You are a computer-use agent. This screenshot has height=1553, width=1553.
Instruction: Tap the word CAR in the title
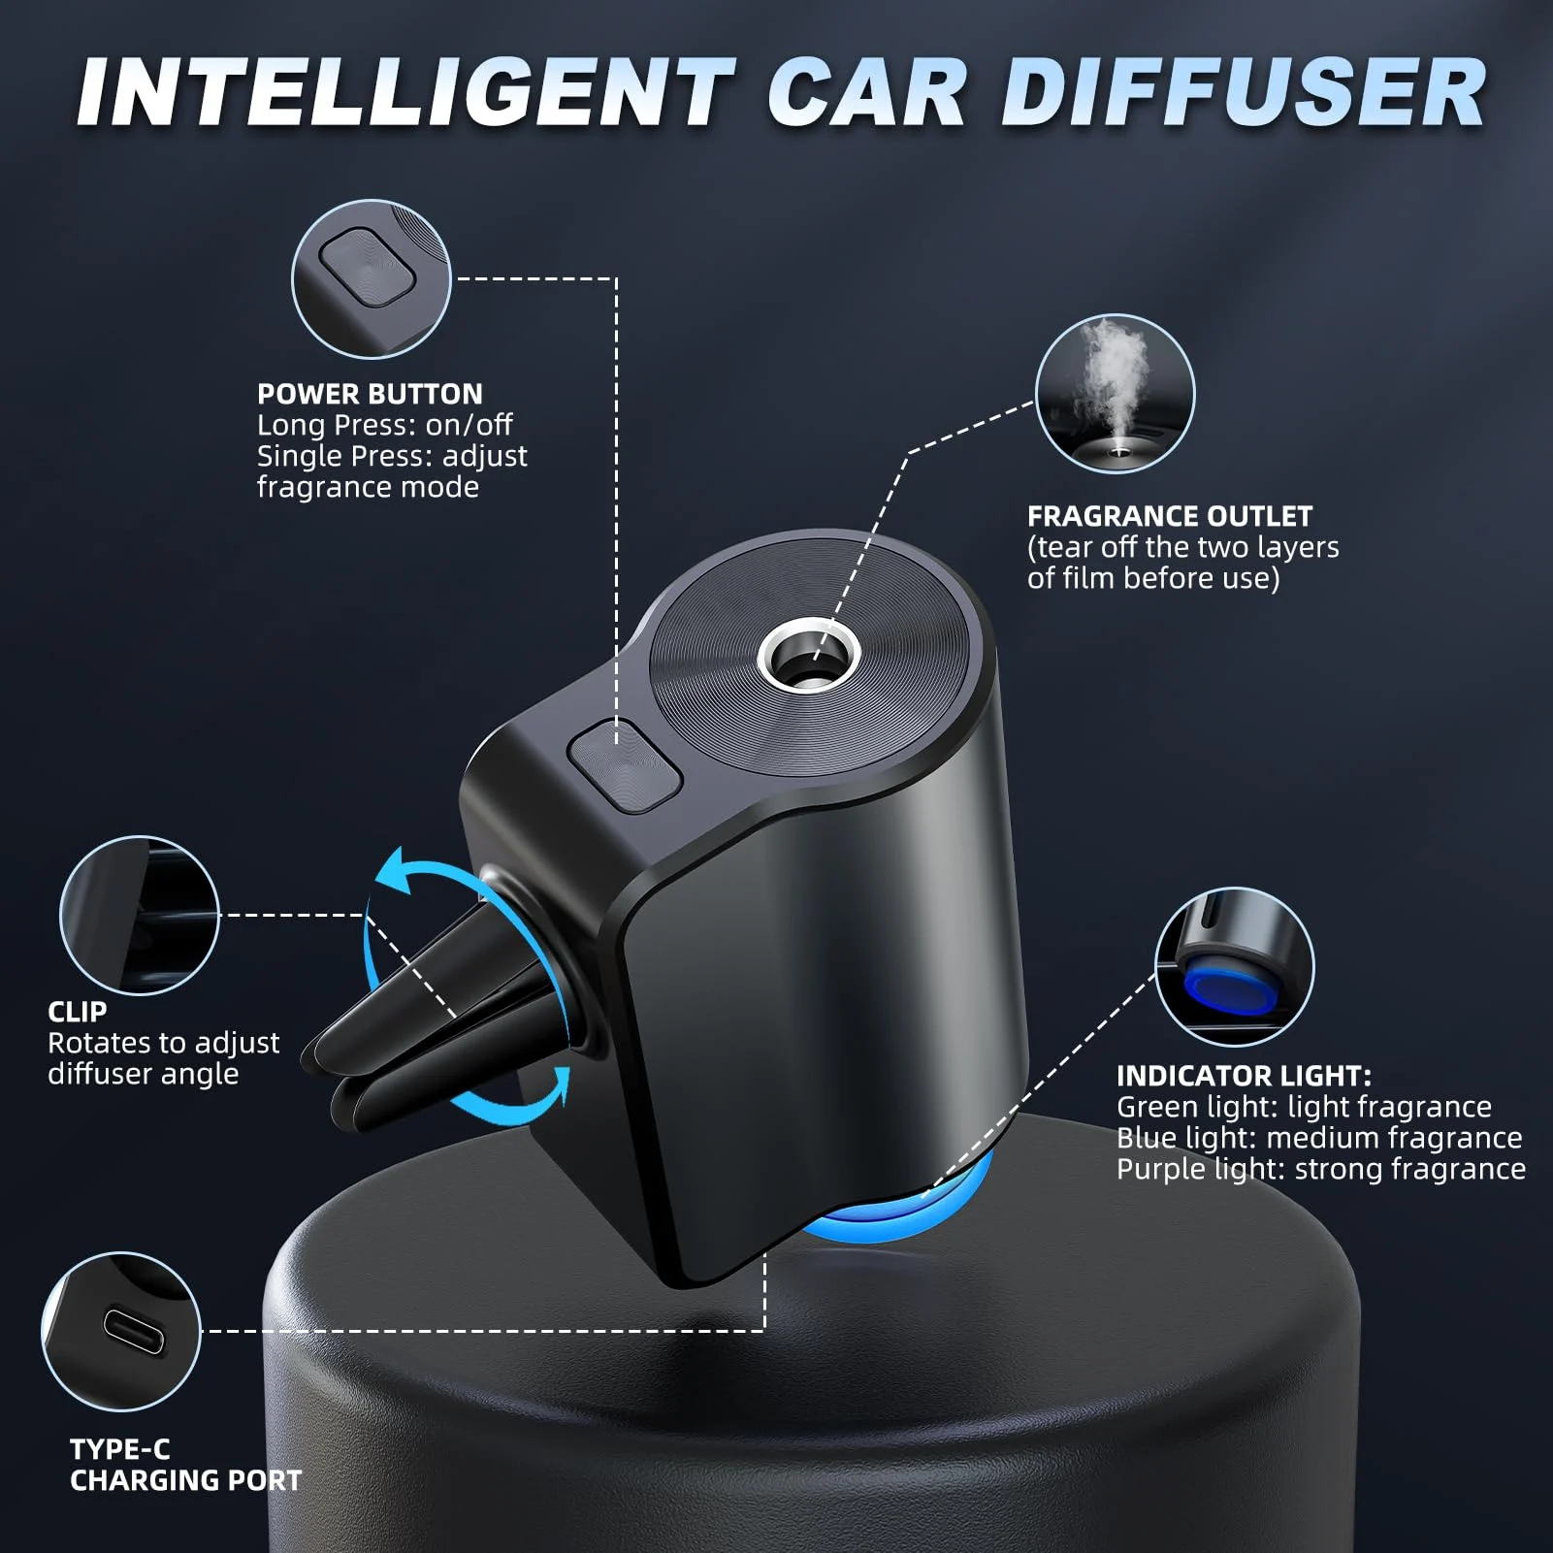(x=867, y=93)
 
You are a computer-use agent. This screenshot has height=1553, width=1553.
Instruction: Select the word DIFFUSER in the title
(x=1244, y=93)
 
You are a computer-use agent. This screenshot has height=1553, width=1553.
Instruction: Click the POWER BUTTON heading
(x=370, y=394)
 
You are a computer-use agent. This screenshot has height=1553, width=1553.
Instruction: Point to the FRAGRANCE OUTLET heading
(x=1170, y=516)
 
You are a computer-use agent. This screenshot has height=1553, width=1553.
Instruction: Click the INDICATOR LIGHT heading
(x=1244, y=1076)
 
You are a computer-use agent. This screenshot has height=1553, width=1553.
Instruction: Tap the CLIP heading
(x=78, y=1012)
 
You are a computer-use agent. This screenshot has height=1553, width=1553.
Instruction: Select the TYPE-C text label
(x=120, y=1449)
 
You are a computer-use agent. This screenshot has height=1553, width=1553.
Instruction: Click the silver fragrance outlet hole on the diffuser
(x=810, y=660)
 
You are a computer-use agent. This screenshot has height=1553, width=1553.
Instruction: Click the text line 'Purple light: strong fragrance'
(x=1320, y=1169)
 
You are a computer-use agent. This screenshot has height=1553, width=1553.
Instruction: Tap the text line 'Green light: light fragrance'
(x=1304, y=1107)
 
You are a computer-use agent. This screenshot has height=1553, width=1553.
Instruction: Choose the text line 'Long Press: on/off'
(x=384, y=425)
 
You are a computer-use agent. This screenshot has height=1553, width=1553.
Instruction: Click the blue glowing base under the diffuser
(x=888, y=1217)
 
